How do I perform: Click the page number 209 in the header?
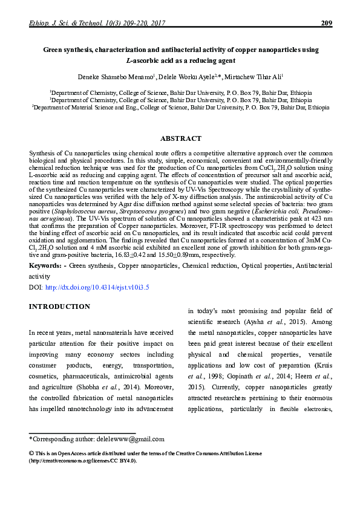point(324,23)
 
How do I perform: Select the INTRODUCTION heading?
point(60,306)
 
